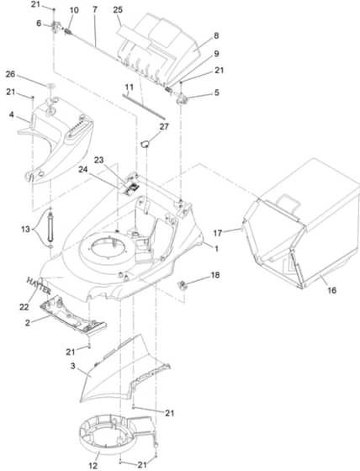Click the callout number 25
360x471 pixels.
(118, 9)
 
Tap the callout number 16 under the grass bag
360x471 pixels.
(332, 290)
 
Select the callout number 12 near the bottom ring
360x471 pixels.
(93, 466)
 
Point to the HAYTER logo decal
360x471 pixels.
(39, 285)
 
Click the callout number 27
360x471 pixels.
(164, 126)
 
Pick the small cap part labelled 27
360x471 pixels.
(146, 144)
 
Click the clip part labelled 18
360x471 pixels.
(183, 285)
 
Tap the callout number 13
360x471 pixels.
(25, 229)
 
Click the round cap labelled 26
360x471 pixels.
(51, 86)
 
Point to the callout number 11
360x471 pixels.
(130, 87)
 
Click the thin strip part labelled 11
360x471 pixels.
(144, 106)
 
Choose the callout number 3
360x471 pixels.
(72, 367)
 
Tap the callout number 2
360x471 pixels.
(28, 323)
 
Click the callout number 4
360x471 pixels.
(12, 114)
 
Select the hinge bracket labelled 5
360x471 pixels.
(181, 99)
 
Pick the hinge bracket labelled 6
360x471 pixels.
(56, 27)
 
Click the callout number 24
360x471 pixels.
(83, 169)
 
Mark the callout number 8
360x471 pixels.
(216, 35)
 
